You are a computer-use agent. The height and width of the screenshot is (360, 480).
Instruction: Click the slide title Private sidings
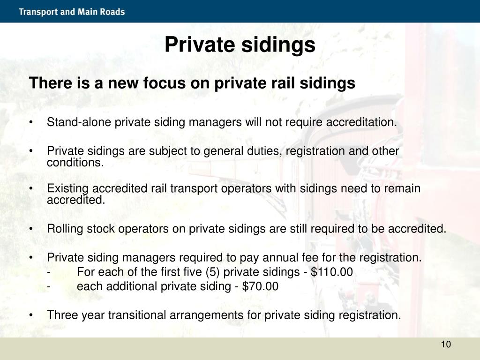tap(240, 45)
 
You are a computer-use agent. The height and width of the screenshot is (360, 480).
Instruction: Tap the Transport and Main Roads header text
tap(72, 12)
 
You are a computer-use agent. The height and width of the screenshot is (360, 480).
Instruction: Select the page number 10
tap(445, 345)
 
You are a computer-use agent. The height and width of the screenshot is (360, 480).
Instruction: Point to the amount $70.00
tap(260, 286)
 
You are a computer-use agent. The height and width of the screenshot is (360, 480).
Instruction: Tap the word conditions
tap(75, 163)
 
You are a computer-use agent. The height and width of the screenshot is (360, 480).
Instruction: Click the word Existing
tap(64, 188)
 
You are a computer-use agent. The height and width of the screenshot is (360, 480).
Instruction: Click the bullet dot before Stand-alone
tap(30, 123)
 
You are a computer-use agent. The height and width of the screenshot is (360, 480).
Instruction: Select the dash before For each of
tap(49, 272)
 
